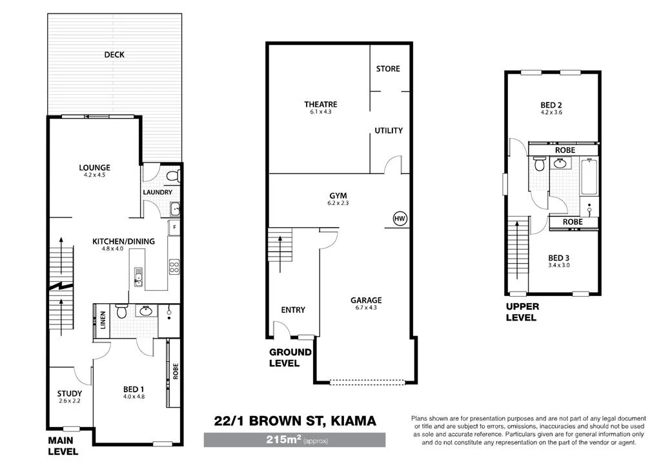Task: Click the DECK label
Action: pyautogui.click(x=114, y=55)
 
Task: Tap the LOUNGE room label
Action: pyautogui.click(x=94, y=168)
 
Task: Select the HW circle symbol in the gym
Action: pyautogui.click(x=400, y=219)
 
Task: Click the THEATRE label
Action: pyautogui.click(x=320, y=104)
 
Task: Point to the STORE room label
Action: pyautogui.click(x=388, y=68)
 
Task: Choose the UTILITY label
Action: pyautogui.click(x=389, y=130)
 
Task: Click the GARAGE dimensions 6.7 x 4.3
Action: pyautogui.click(x=366, y=308)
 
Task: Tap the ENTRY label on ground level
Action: pyautogui.click(x=293, y=310)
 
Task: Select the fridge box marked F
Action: pyautogui.click(x=173, y=228)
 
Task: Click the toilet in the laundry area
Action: pyautogui.click(x=171, y=175)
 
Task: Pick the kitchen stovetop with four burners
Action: pyautogui.click(x=174, y=266)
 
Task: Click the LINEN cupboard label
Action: pyautogui.click(x=103, y=321)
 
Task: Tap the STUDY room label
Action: pyautogui.click(x=69, y=393)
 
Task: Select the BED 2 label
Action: pyautogui.click(x=553, y=104)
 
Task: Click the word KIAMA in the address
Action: pyautogui.click(x=352, y=422)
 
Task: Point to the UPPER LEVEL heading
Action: pyautogui.click(x=522, y=312)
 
